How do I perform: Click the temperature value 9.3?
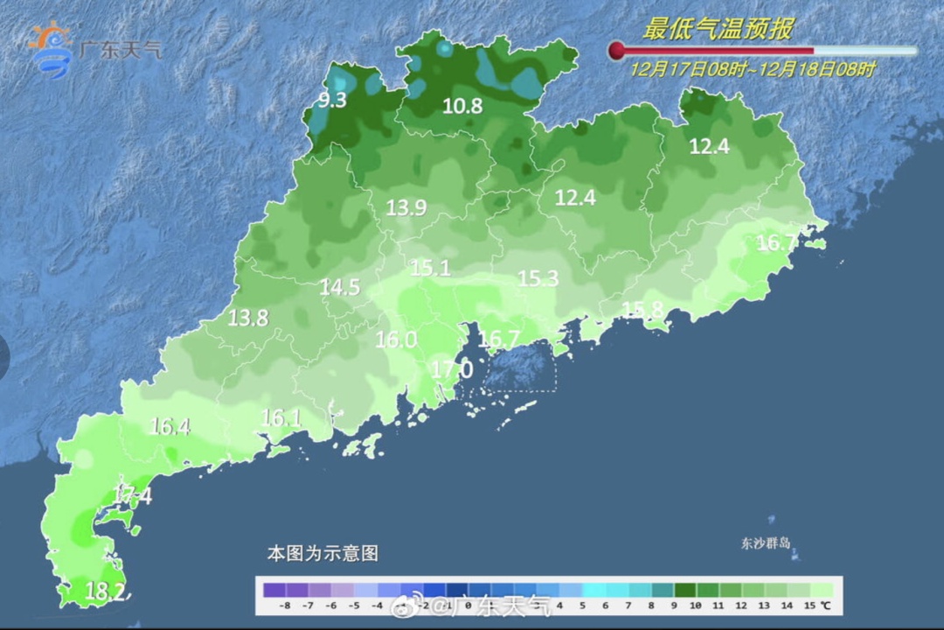coord(332,100)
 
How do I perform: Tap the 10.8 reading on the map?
coord(462,107)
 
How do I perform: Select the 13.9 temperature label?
coord(406,207)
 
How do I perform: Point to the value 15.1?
coord(431,268)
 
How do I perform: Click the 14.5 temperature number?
coord(339,287)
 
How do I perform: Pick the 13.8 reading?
coord(248,318)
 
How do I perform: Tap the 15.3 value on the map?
coord(538,278)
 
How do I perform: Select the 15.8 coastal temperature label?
coord(642,309)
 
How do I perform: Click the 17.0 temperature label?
coord(453,370)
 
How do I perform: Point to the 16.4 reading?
coord(170,427)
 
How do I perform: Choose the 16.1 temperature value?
coord(281,418)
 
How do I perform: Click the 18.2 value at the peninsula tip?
coord(105,592)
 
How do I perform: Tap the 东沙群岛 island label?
coord(766,543)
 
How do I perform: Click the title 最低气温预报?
coord(718,29)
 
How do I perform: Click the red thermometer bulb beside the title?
coord(616,51)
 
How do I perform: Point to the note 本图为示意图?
coord(323,553)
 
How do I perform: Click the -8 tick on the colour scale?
coord(284,605)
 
